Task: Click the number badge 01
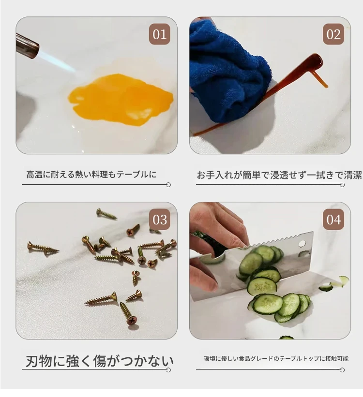coord(159,34)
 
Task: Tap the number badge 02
coord(333,34)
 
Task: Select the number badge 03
coord(159,219)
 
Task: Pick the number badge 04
coord(333,219)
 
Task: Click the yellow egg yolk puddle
coord(121,99)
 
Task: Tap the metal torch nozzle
coord(27,45)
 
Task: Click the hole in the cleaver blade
coord(302,244)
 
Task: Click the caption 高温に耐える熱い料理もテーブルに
coord(91,175)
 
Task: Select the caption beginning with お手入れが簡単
coord(279,175)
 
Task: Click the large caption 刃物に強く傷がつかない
coord(100,361)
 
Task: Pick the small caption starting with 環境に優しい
coord(276,358)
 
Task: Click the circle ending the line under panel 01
coord(168,185)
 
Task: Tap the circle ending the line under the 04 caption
coord(342,370)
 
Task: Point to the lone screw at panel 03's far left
coord(43,249)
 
